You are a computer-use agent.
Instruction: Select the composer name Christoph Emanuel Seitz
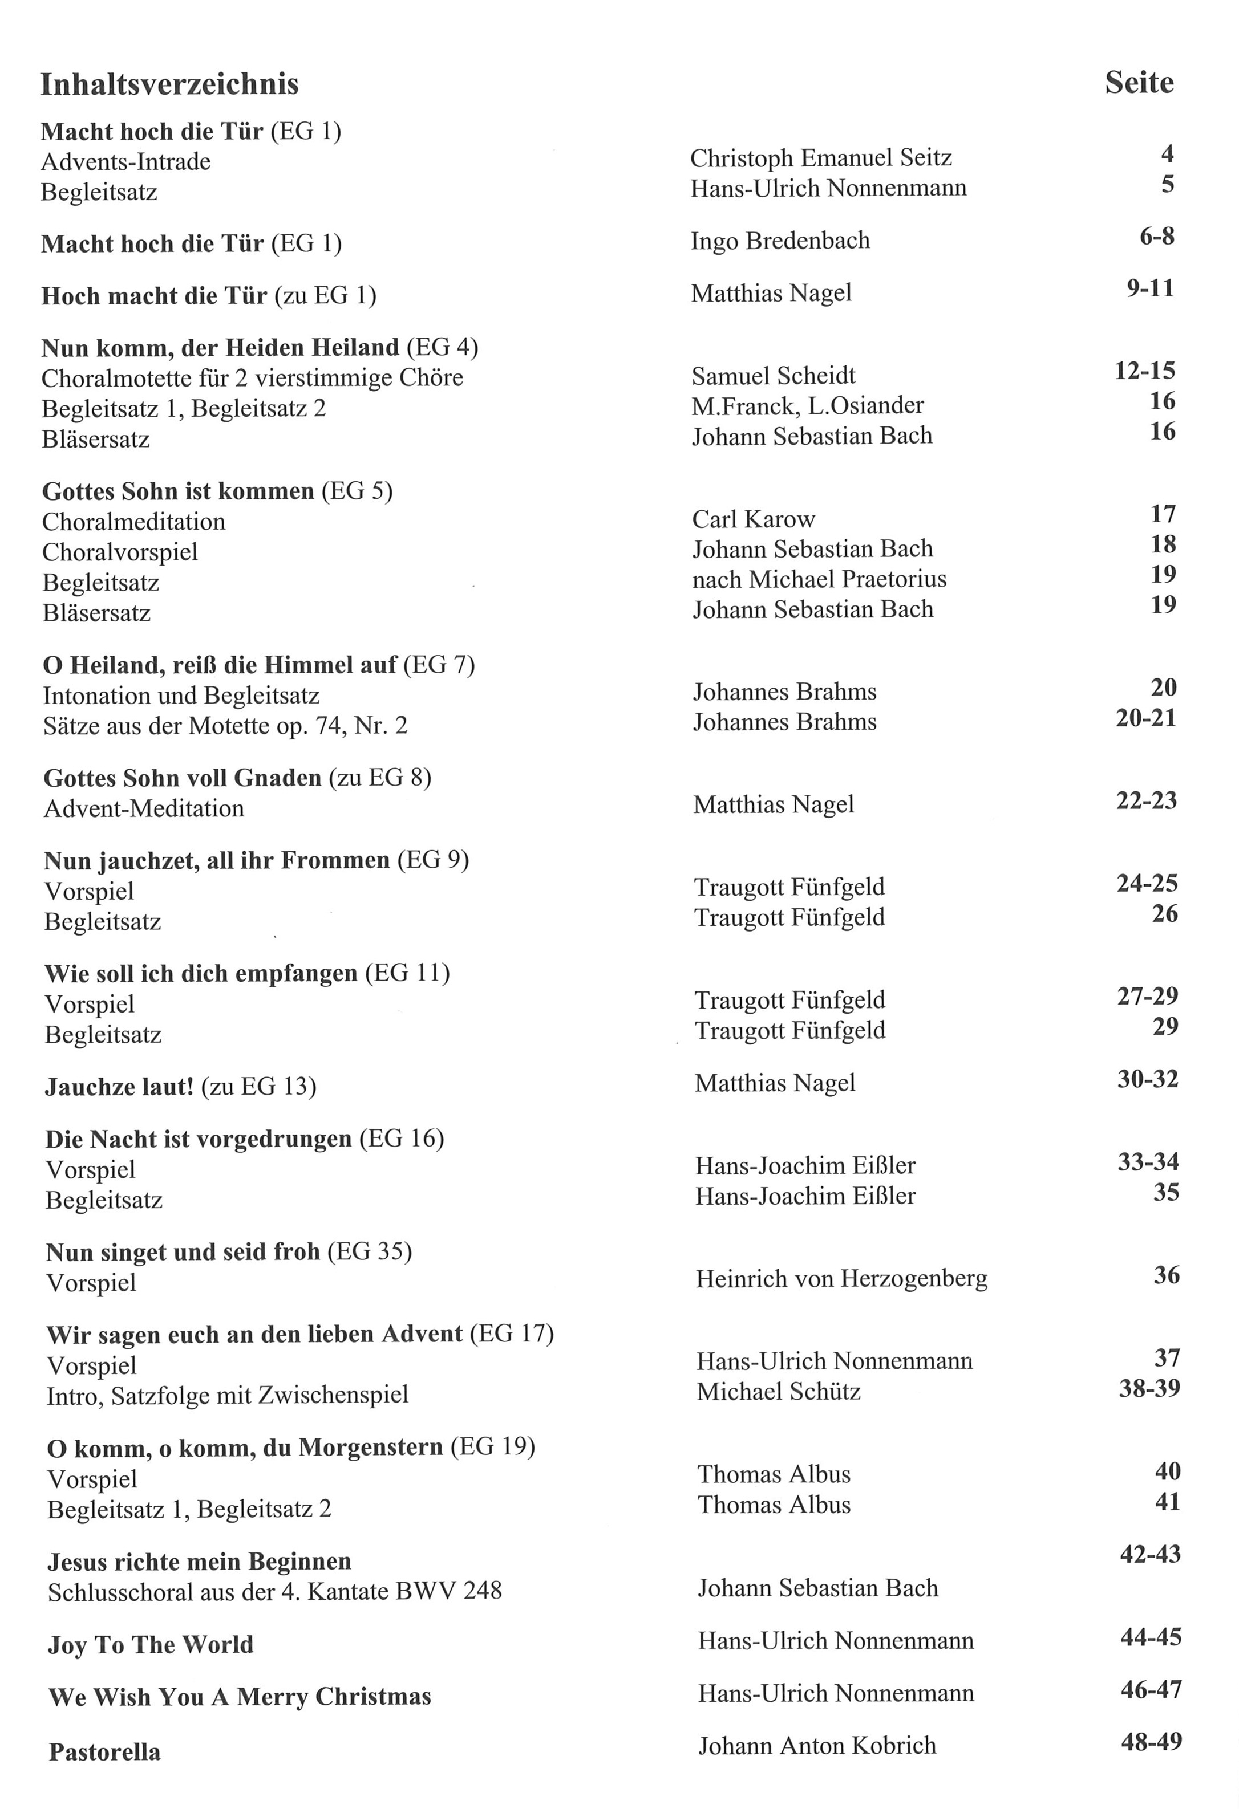[x=821, y=158]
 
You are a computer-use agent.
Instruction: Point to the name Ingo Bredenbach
[x=780, y=241]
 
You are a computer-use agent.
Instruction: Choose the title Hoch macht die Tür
[x=154, y=296]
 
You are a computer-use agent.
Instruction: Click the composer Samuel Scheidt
[x=774, y=376]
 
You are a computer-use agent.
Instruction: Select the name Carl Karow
[x=753, y=519]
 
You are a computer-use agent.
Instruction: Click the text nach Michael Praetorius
[x=819, y=579]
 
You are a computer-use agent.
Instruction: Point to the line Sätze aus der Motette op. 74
[x=225, y=726]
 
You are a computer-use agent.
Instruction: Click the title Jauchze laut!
[x=119, y=1087]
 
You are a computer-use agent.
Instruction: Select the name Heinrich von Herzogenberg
[x=841, y=1279]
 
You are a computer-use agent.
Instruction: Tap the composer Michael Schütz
[x=778, y=1392]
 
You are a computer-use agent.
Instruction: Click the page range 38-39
[x=1149, y=1388]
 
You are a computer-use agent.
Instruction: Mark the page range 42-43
[x=1150, y=1555]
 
